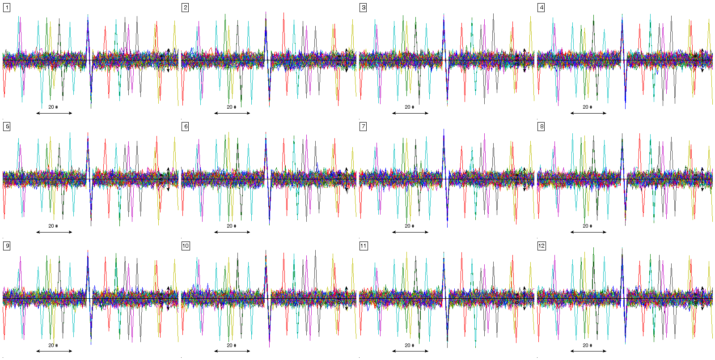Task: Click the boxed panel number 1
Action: [x=7, y=8]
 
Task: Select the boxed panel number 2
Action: [x=185, y=8]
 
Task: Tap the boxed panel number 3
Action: [x=363, y=8]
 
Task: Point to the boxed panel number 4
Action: [x=541, y=8]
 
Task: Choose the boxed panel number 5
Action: [x=7, y=127]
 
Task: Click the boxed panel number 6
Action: [x=185, y=127]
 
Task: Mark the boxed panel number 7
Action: [x=363, y=127]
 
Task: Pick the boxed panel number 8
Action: [x=541, y=127]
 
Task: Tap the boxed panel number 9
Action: [x=7, y=246]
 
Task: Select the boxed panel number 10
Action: [x=186, y=246]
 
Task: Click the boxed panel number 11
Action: [x=364, y=246]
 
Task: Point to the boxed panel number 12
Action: [x=542, y=246]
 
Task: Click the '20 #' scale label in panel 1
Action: [x=53, y=107]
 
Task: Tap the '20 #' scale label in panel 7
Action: [x=409, y=226]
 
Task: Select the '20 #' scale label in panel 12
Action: [x=587, y=345]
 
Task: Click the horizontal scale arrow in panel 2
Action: [x=232, y=113]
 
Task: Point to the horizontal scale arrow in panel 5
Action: [x=54, y=232]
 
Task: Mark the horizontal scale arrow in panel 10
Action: [x=232, y=351]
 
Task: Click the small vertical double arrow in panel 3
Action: [x=525, y=60]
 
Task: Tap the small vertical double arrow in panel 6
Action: [x=347, y=179]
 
